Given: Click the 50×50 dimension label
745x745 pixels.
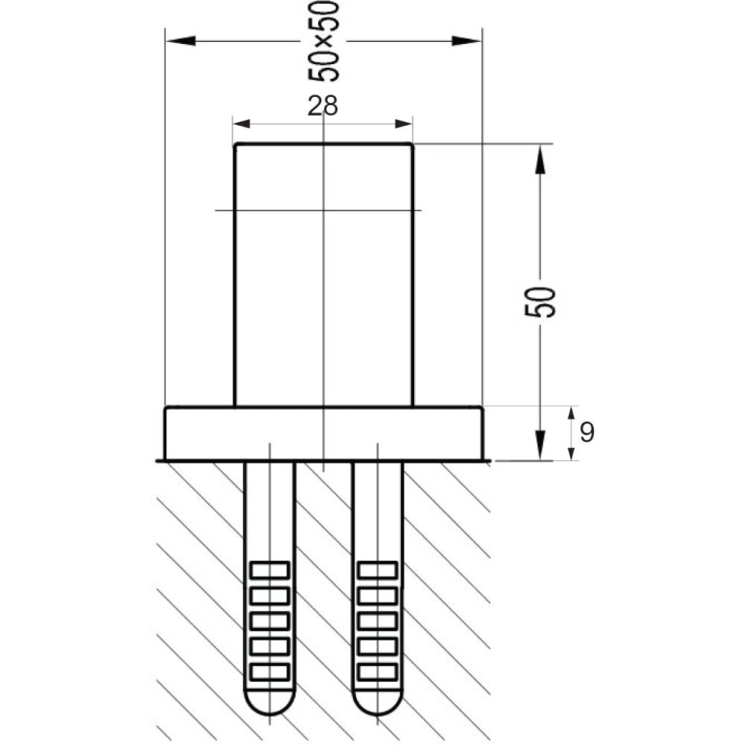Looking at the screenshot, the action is pyautogui.click(x=323, y=41).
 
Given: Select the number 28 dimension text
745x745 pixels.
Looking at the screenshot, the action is pyautogui.click(x=323, y=106).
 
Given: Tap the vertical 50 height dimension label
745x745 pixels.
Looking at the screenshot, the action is pyautogui.click(x=539, y=302).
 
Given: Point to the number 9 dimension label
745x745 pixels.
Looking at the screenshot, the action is pyautogui.click(x=587, y=432).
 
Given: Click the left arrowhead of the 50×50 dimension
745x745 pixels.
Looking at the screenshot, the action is pyautogui.click(x=180, y=41).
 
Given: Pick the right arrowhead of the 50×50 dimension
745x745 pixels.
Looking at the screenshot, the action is pyautogui.click(x=466, y=41).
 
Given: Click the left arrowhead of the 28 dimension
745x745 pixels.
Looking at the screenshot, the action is pyautogui.click(x=241, y=124).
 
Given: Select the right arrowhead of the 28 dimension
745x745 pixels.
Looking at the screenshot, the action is pyautogui.click(x=404, y=124).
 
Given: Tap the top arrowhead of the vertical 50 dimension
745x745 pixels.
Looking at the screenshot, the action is pyautogui.click(x=539, y=159).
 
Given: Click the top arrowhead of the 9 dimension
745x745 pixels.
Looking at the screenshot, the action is pyautogui.click(x=572, y=415).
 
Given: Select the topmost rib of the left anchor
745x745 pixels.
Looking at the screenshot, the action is pyautogui.click(x=270, y=570).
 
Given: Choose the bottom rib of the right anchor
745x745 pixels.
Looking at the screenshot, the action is pyautogui.click(x=378, y=672).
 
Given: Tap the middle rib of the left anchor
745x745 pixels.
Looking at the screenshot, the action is pyautogui.click(x=270, y=621).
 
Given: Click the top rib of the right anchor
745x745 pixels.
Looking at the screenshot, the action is pyautogui.click(x=378, y=570).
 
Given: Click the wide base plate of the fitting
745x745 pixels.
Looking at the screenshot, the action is pyautogui.click(x=323, y=434).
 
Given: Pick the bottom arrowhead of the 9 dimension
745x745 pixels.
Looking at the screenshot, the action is pyautogui.click(x=572, y=452).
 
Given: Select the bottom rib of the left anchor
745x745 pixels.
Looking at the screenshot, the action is pyautogui.click(x=270, y=672).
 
